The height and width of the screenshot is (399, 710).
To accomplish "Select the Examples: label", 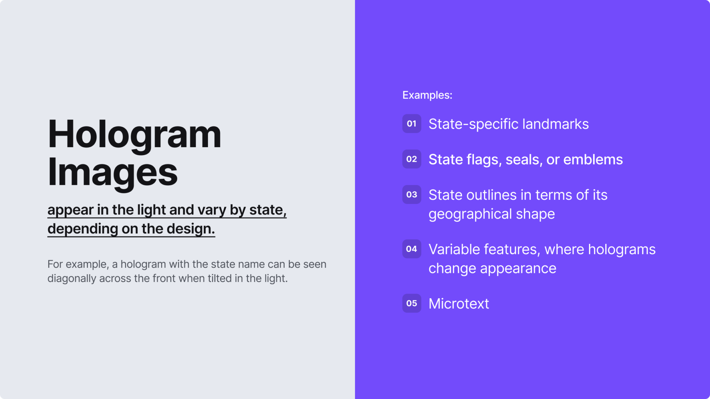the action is (x=427, y=95).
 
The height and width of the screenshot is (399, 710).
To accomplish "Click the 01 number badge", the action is (x=412, y=124).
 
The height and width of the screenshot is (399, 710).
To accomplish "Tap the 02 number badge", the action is (x=412, y=159).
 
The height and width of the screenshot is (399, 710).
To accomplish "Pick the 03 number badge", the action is (x=412, y=194).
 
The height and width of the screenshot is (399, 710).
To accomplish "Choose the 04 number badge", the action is (x=412, y=249).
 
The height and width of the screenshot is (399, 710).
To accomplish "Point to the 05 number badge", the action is (x=412, y=303).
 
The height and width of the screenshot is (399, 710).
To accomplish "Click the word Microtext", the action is (x=459, y=304).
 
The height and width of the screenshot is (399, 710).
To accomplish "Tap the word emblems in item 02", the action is (x=593, y=160).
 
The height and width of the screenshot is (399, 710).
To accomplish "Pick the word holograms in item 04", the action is (x=622, y=249).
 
